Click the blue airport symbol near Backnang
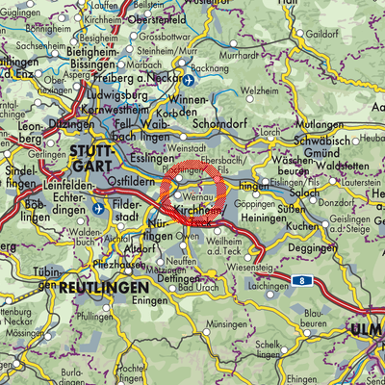(x=191, y=82)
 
